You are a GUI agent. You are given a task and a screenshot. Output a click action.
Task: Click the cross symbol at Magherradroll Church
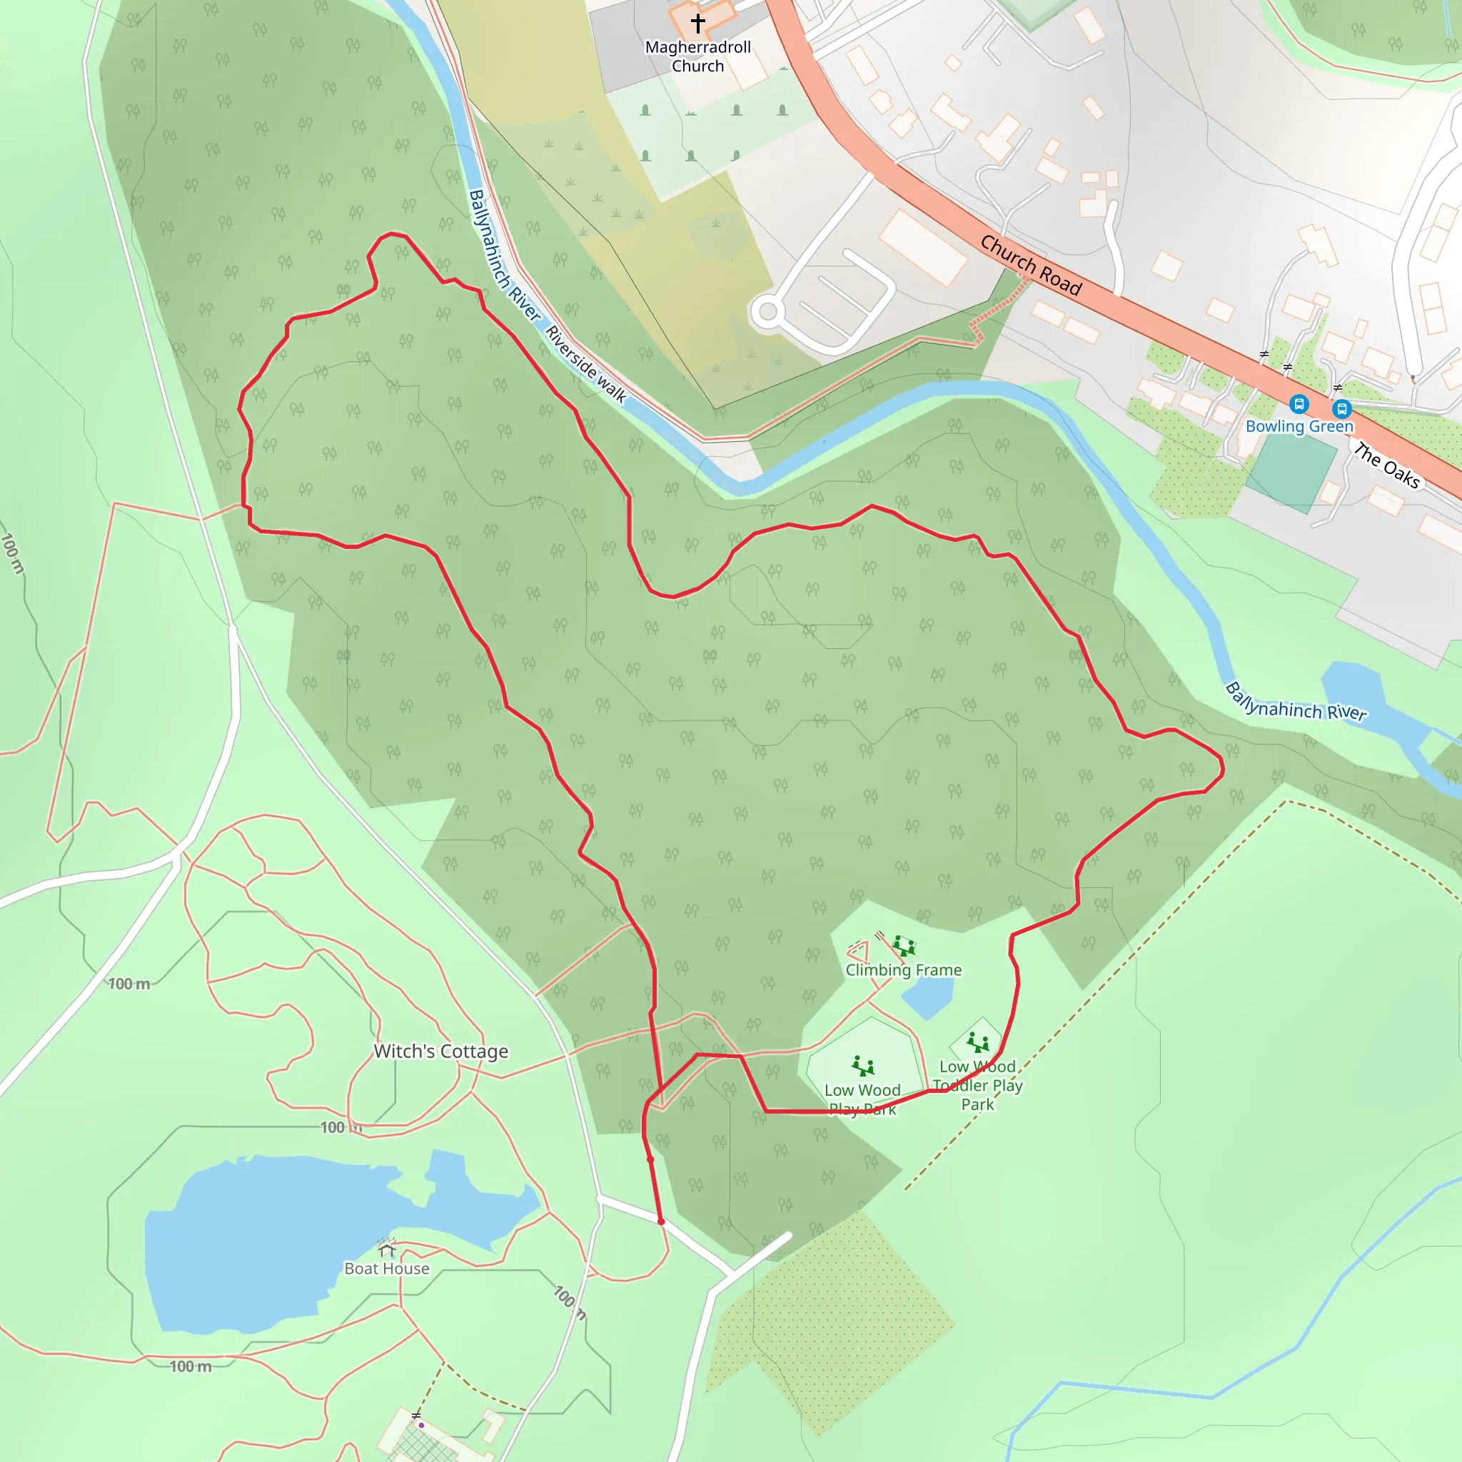[697, 23]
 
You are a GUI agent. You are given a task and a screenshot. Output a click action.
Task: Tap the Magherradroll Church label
[697, 57]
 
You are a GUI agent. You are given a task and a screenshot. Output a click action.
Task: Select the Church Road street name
[1031, 265]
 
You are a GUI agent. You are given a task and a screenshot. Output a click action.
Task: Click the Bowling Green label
[1299, 426]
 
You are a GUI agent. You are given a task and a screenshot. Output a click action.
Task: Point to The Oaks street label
[1386, 465]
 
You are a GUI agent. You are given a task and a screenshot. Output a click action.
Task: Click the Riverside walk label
[585, 364]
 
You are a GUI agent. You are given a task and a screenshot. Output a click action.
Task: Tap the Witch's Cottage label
[441, 1051]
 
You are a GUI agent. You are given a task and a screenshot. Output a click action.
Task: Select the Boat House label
[387, 1269]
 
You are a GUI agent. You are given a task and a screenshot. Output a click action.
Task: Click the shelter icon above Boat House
[387, 1247]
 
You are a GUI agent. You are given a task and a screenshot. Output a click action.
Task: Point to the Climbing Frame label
[904, 970]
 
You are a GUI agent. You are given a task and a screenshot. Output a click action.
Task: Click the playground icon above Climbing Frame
[903, 945]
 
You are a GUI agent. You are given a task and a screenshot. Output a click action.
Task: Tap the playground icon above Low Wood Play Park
[862, 1066]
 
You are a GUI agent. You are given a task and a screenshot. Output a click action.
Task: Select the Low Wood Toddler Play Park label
[978, 1085]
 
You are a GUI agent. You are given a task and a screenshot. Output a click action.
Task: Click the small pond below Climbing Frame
[927, 997]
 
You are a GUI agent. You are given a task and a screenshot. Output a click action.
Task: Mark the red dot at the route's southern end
[660, 1221]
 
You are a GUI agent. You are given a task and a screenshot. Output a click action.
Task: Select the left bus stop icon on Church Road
[1299, 404]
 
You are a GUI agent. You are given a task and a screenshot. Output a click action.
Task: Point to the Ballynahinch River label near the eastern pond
[1296, 702]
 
